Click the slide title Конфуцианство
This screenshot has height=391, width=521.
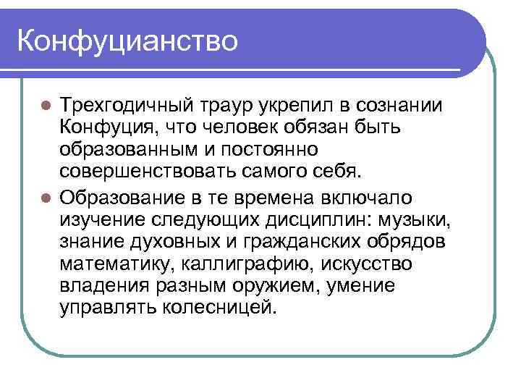tap(127, 40)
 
